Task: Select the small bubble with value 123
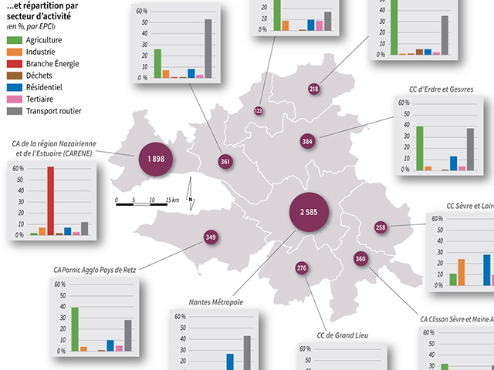point(258,111)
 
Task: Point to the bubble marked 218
point(313,89)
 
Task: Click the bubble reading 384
point(307,142)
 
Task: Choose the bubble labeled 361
point(225,162)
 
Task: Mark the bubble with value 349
point(211,237)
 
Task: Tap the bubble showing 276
point(302,268)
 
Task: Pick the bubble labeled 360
point(360,259)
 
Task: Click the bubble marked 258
point(381,227)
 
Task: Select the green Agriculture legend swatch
point(14,40)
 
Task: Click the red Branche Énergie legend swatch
point(14,64)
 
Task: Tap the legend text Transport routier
point(53,111)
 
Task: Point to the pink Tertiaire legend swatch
point(14,99)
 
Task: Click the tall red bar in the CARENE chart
point(51,200)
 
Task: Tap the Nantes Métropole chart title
point(216,302)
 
